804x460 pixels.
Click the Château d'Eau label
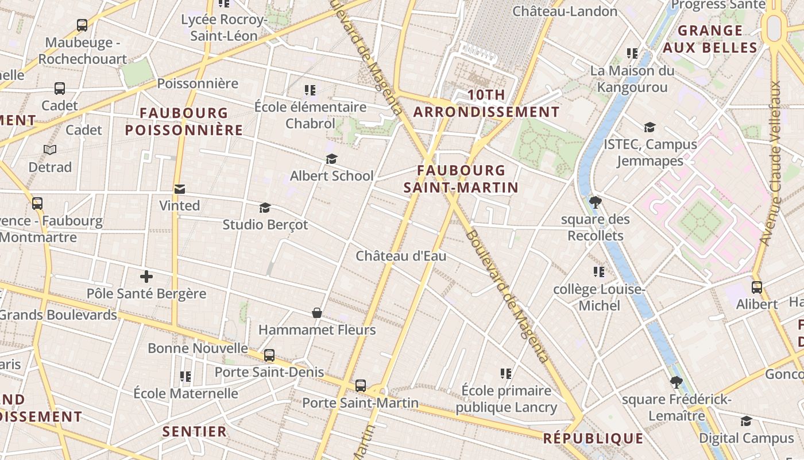point(401,256)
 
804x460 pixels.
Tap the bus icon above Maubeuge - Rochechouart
point(82,25)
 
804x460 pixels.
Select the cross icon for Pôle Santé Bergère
point(146,277)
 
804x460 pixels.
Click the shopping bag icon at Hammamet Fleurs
point(316,313)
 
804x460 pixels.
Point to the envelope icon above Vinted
point(180,189)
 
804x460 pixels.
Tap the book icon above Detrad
point(50,150)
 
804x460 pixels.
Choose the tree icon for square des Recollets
point(596,202)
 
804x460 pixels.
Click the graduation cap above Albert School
point(331,159)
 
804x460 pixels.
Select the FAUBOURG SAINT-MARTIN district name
point(461,179)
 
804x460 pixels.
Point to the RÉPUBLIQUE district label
point(593,438)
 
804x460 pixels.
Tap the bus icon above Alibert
point(757,287)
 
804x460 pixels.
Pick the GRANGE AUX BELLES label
point(710,39)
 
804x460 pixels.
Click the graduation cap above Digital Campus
point(746,421)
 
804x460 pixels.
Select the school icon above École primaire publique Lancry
point(506,374)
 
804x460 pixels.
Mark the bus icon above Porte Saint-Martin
point(361,386)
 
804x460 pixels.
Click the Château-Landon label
point(565,11)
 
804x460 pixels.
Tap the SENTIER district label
point(194,431)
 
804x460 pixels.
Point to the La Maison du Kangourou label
point(632,79)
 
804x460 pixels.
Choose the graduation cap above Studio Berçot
point(265,208)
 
